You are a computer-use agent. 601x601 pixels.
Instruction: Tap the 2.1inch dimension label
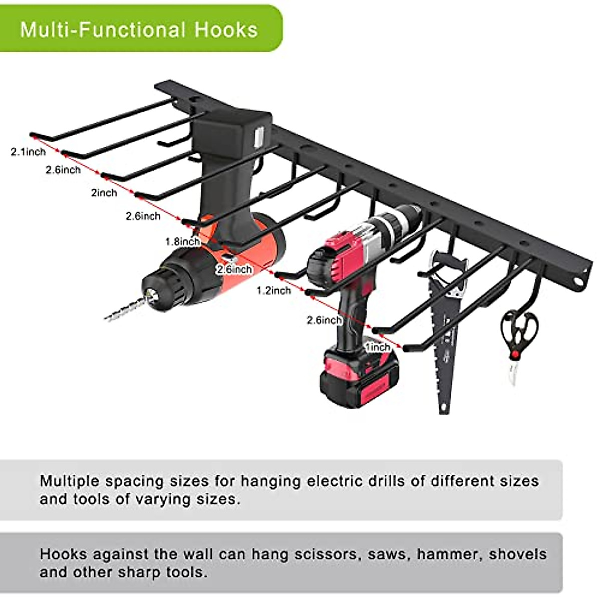click(28, 151)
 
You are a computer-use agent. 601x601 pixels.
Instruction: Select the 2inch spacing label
click(104, 193)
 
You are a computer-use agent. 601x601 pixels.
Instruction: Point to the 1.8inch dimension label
click(183, 241)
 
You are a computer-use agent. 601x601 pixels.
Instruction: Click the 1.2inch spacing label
click(273, 290)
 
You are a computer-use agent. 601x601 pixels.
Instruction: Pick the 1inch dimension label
click(378, 347)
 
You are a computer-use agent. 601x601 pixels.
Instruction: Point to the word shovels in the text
click(518, 554)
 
